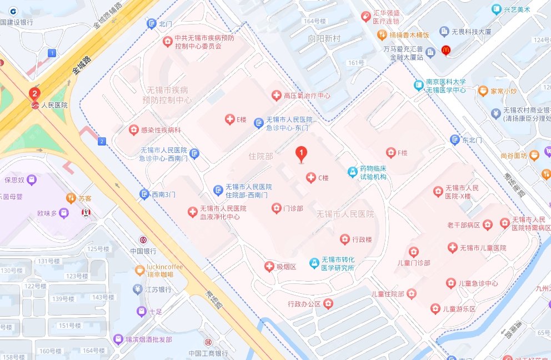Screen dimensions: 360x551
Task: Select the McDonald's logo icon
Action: pos(445,51)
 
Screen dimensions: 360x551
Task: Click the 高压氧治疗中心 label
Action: pos(307,96)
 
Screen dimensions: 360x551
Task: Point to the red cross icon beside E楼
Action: pos(229,119)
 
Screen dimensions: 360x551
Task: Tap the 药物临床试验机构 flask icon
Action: pos(352,172)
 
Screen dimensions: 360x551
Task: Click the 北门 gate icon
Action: pos(151,24)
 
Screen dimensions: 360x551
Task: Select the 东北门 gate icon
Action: pos(455,140)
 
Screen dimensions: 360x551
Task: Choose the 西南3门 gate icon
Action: pos(144,194)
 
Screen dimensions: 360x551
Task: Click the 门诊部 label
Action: pos(293,209)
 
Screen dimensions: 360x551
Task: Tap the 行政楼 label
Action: pos(362,240)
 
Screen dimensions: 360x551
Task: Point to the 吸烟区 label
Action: pos(287,267)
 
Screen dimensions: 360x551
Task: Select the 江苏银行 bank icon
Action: pos(138,289)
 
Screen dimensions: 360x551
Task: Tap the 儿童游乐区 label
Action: pos(459,309)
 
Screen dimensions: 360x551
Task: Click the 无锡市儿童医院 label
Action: pos(483,248)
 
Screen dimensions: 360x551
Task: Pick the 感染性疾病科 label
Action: pos(161,130)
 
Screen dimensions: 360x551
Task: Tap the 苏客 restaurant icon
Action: pos(71,198)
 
